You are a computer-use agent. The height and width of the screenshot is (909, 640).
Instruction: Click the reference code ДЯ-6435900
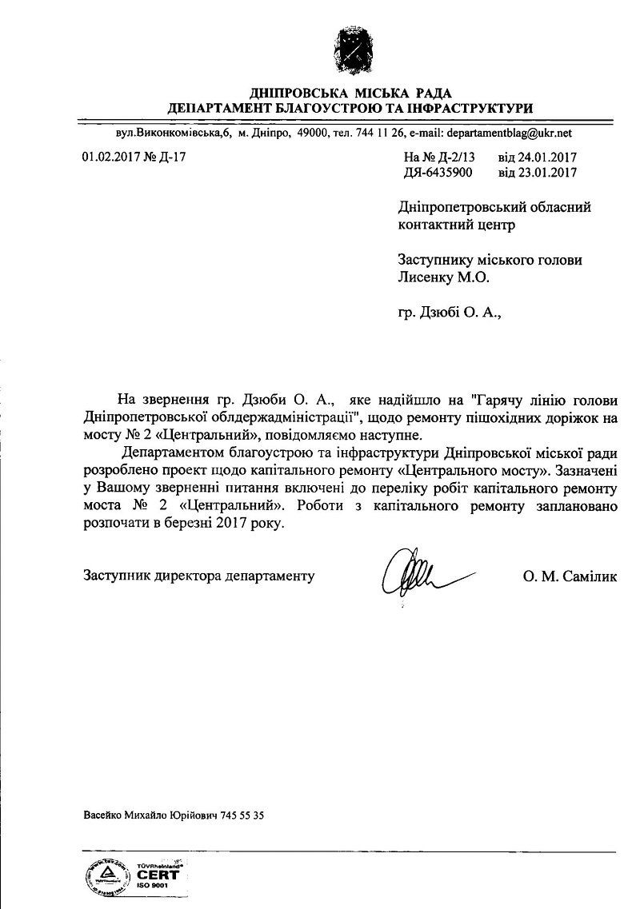click(x=439, y=172)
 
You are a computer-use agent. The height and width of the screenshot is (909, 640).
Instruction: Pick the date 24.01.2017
click(x=550, y=157)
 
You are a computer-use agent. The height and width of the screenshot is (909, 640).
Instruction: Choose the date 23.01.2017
click(x=550, y=172)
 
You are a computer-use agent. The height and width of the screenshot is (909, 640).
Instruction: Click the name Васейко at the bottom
click(x=102, y=816)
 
